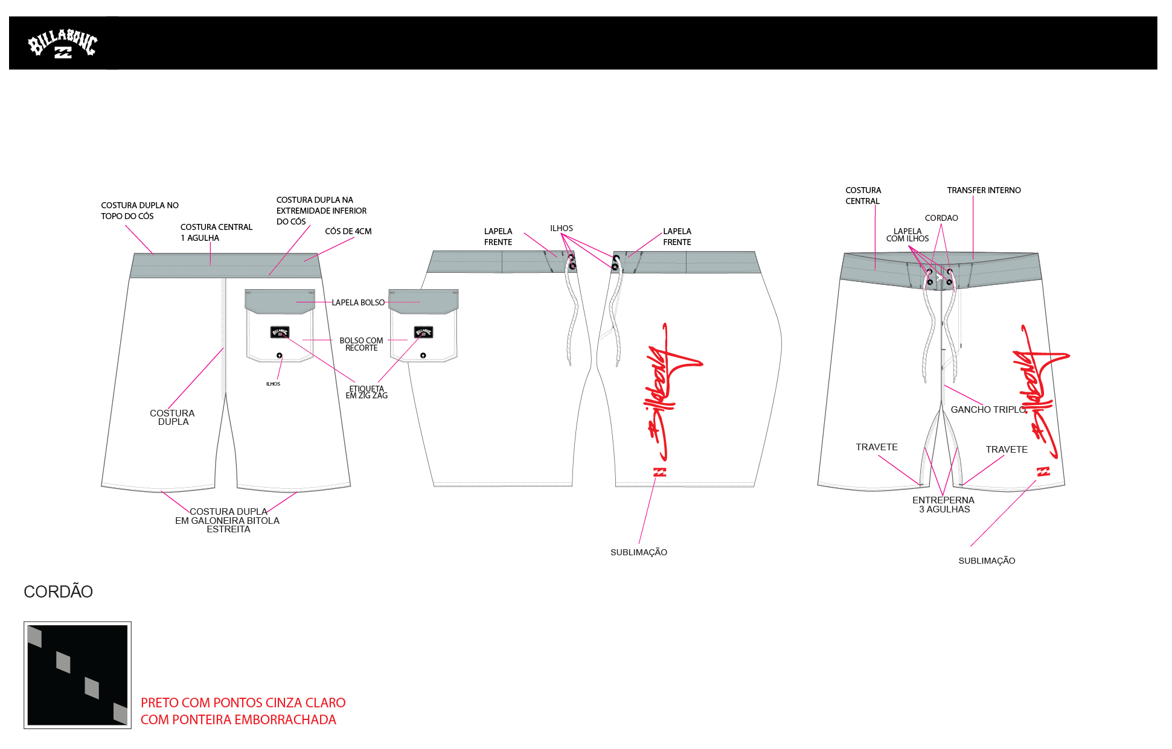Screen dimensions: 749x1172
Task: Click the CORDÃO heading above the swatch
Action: pos(58,591)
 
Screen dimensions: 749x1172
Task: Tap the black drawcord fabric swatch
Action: pos(77,675)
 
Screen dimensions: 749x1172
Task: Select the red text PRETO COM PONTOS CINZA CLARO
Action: pos(243,703)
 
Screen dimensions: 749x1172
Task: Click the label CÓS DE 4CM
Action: pos(348,231)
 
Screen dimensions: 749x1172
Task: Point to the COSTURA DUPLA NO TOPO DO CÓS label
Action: pos(139,211)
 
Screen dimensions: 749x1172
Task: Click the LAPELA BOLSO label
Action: pos(358,302)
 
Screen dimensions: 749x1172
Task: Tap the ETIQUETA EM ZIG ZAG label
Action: pos(367,392)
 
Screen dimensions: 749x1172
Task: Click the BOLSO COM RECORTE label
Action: pos(361,344)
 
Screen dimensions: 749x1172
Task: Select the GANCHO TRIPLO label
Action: pos(988,410)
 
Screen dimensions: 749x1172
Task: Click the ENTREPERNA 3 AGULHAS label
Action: pos(943,505)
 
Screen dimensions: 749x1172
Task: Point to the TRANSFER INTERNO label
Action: pos(984,190)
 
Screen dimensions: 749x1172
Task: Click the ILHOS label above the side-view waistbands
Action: pos(561,228)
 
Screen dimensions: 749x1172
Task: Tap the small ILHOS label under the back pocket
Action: pos(273,384)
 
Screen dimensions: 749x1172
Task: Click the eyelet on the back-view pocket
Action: pos(280,355)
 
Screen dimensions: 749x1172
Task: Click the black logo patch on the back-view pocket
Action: pos(280,332)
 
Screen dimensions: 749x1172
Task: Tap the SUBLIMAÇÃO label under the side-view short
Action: pos(638,552)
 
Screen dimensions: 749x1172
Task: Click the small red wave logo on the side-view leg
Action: pos(659,472)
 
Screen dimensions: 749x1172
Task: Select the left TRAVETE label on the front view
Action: pos(876,447)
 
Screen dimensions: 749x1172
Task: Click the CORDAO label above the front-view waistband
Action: pos(941,218)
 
